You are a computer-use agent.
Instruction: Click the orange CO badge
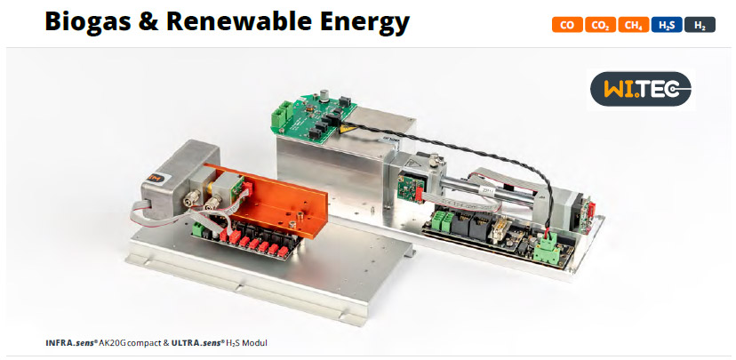(x=565, y=26)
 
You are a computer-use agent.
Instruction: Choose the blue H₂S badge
(x=666, y=26)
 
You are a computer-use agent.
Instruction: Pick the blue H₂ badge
(x=700, y=26)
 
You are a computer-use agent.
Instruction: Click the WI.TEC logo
(x=640, y=89)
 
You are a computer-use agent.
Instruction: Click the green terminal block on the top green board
(x=283, y=113)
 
